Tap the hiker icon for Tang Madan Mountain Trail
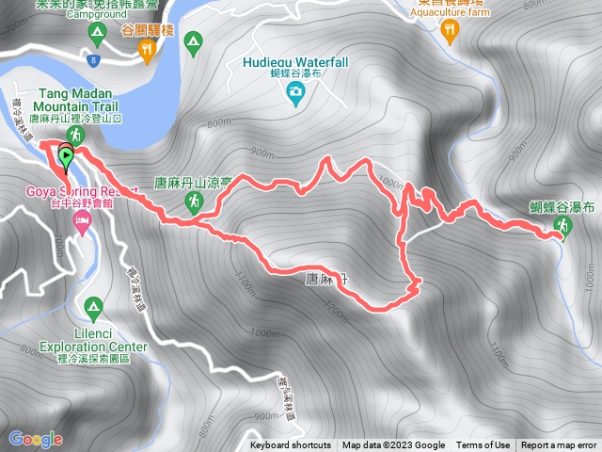[x=75, y=135]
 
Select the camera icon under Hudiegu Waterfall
[x=295, y=91]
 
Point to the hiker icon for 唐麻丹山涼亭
[x=194, y=201]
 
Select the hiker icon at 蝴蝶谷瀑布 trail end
[x=562, y=225]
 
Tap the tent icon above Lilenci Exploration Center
[x=92, y=306]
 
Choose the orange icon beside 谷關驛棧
[x=147, y=55]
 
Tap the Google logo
[x=35, y=438]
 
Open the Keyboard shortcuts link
[x=291, y=445]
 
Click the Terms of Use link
[x=483, y=445]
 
